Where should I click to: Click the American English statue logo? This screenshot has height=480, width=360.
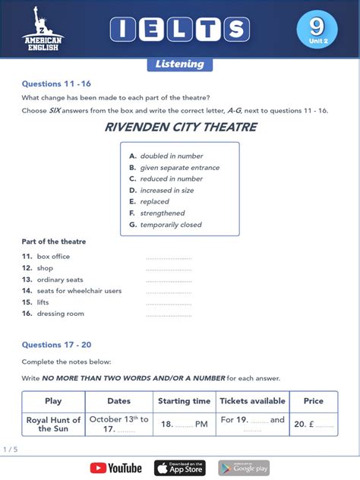(x=43, y=28)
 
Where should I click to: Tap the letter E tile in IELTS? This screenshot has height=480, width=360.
(x=151, y=30)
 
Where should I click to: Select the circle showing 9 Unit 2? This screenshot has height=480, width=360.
(x=316, y=30)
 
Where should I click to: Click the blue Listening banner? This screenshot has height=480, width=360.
(x=179, y=64)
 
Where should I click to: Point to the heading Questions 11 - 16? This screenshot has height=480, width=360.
(x=56, y=84)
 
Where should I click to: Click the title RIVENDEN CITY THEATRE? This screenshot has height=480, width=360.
(x=180, y=128)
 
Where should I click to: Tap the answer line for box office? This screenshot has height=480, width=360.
(x=169, y=257)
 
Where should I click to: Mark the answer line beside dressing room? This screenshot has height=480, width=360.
(x=169, y=314)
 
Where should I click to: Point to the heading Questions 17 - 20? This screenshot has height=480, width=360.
(x=56, y=345)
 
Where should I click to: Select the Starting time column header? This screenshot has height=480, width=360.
(x=184, y=401)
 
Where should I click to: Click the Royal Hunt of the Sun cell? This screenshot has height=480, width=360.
(x=53, y=424)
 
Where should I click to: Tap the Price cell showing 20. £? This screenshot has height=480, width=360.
(x=313, y=425)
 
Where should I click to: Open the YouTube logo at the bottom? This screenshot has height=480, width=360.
(x=115, y=468)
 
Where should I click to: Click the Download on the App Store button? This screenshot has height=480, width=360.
(x=180, y=468)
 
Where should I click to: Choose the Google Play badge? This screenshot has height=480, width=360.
(x=244, y=468)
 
